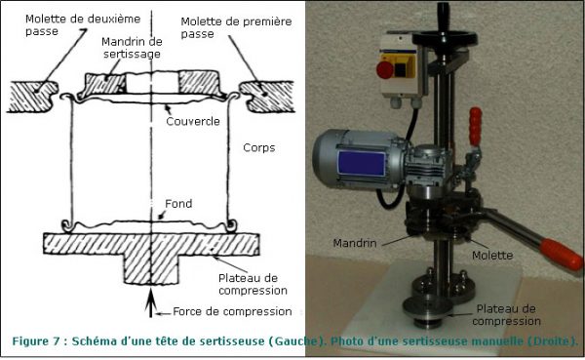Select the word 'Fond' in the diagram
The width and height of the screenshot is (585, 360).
pyautogui.click(x=178, y=204)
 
